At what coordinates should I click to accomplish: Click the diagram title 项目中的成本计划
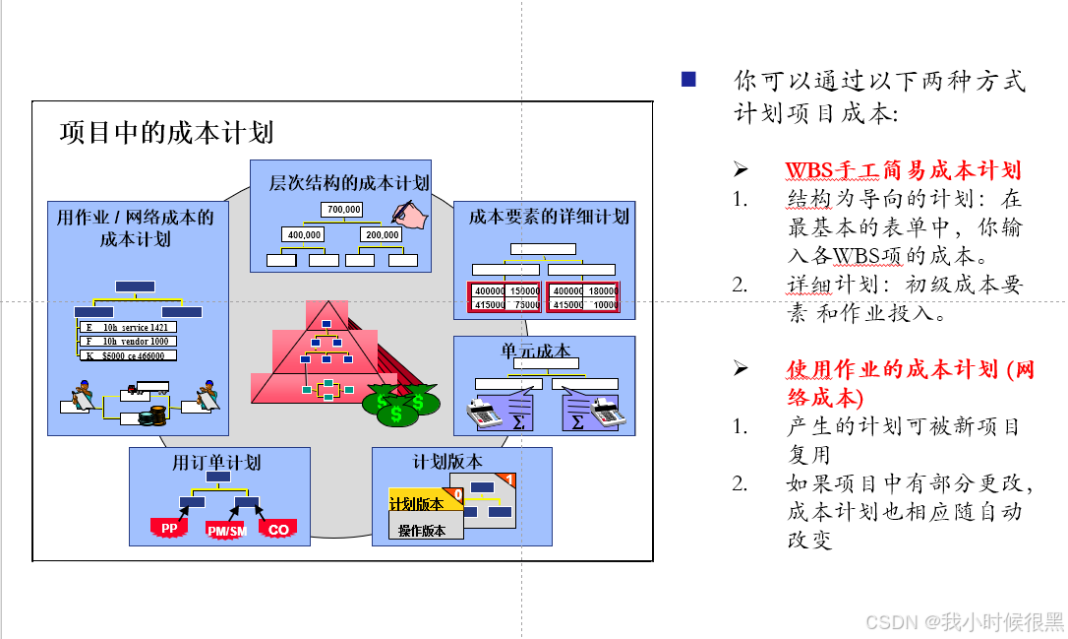point(166,132)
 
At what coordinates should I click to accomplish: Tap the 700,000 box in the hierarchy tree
point(342,209)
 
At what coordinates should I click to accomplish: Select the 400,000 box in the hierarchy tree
point(304,234)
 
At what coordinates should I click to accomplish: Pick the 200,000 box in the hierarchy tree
point(381,234)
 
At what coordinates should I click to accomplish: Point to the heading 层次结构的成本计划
point(349,182)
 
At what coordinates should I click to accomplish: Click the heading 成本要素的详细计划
point(548,216)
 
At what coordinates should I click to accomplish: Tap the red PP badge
point(169,529)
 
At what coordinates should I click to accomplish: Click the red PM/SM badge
point(226,531)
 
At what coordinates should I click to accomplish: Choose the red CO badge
point(278,530)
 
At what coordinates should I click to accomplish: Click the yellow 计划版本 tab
point(417,504)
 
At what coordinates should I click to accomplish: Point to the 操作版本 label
point(422,531)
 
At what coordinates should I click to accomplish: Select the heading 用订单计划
point(216,462)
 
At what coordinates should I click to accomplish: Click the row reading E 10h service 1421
point(128,327)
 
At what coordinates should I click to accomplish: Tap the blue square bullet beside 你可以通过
point(688,80)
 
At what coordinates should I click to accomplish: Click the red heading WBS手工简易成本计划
point(903,170)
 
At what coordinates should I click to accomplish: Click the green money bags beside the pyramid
point(398,405)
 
